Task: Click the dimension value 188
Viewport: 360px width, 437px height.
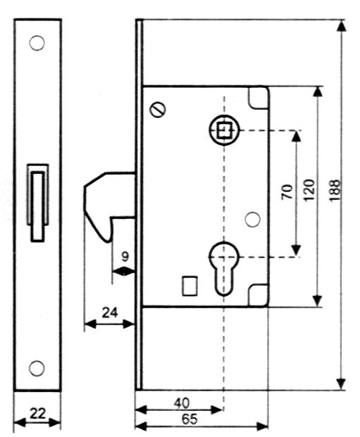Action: tap(335, 190)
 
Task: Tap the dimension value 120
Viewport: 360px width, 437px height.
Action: tap(309, 190)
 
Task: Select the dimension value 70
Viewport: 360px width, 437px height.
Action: tap(287, 191)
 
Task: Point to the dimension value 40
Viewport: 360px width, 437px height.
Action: tap(182, 403)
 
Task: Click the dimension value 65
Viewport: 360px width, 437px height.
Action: tap(190, 419)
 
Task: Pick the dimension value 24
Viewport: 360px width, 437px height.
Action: tap(110, 312)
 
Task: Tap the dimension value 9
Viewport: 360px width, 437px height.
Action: tap(125, 257)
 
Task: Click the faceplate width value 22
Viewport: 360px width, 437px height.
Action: tap(37, 414)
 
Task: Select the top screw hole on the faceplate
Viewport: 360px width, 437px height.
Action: tap(37, 43)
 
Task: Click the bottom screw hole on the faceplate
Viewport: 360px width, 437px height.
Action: tap(37, 368)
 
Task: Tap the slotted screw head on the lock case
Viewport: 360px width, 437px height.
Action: tap(158, 110)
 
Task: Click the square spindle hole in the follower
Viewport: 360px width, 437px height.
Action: tap(224, 130)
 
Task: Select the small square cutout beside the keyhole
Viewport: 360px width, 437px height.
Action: tap(190, 286)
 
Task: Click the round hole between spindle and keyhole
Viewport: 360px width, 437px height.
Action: tap(252, 220)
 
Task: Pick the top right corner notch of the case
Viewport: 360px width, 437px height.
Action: tap(259, 98)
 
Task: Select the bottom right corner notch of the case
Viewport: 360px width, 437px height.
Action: tap(259, 296)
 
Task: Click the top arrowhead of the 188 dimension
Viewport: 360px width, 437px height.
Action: tap(341, 26)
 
